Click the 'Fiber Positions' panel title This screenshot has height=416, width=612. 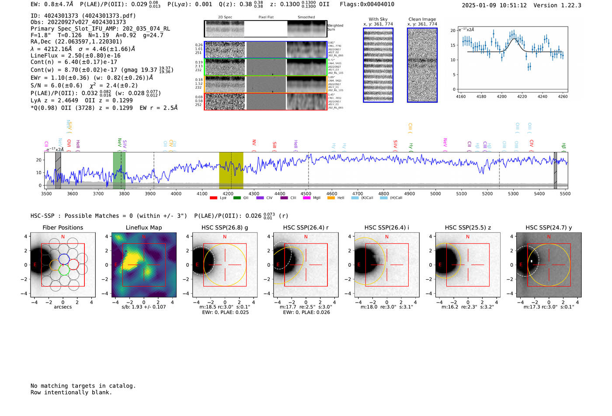coord(63,227)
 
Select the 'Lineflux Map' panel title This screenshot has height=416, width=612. coord(143,227)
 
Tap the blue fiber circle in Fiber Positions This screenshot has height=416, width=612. coord(64,258)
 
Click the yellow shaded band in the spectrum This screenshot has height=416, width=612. coord(231,170)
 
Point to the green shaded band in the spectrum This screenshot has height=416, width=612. coord(119,170)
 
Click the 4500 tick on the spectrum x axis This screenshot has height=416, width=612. coord(306,194)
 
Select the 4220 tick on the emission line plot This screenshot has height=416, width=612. coord(522,96)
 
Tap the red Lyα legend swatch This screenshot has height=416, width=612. coord(213,198)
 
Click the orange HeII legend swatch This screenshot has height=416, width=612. coord(331,198)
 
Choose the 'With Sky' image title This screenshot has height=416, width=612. coord(378,19)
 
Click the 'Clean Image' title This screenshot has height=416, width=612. coord(422,19)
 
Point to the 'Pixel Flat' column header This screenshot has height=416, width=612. coord(266,17)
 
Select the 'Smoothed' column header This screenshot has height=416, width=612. coord(306,17)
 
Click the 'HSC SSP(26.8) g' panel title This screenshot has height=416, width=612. coord(225,227)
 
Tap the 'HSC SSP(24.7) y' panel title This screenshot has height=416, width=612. coord(549,227)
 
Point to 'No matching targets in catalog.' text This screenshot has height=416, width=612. coord(83,386)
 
